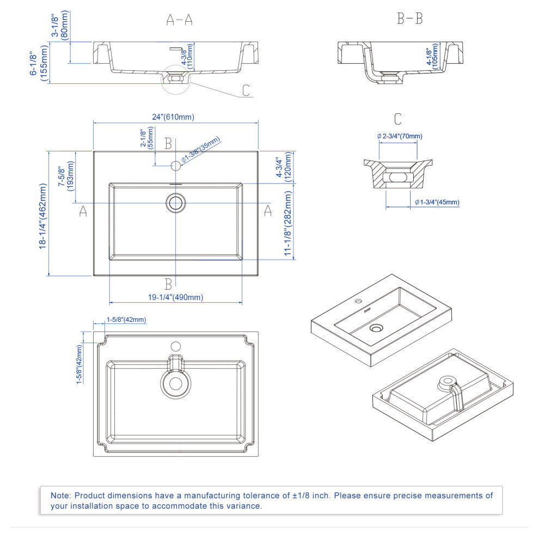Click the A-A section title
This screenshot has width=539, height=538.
coord(179,20)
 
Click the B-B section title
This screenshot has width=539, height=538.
coord(409,20)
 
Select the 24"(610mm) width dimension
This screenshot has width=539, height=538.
coord(173,117)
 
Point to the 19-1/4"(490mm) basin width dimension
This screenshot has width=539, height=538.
coord(176,297)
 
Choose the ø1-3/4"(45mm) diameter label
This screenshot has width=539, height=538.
coord(437,202)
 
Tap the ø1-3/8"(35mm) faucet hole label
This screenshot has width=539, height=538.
coord(201,150)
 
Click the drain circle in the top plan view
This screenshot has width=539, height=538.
coord(175,203)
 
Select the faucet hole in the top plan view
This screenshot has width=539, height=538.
coord(176,165)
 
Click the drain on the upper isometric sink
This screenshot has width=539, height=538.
coord(376,328)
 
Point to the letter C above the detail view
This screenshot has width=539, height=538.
coord(398,119)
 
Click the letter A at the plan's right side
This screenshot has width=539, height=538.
coord(267,211)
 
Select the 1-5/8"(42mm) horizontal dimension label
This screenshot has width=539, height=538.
coord(126,320)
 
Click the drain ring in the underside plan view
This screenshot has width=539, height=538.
coord(175,383)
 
